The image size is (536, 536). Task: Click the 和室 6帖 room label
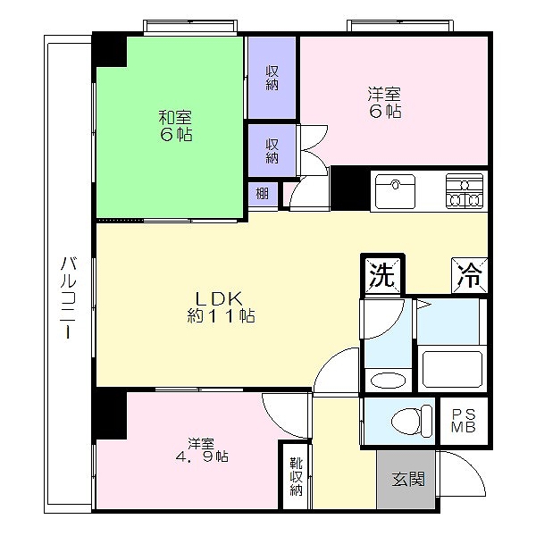coord(175,126)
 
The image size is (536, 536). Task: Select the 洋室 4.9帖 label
coord(201,449)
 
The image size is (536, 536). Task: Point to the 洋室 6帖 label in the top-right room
coord(384,102)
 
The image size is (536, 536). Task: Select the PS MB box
coord(464,421)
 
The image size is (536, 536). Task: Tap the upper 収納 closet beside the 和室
coord(272,79)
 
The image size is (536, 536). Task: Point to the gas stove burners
coord(464,189)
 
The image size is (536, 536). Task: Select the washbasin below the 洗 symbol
coord(386,379)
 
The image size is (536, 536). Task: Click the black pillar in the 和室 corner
coord(111,50)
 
